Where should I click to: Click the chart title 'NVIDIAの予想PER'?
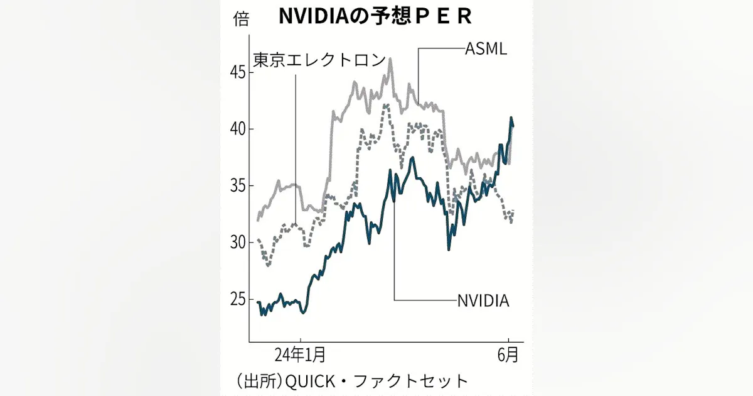point(375,17)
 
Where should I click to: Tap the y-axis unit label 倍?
point(241,19)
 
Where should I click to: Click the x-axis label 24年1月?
point(300,355)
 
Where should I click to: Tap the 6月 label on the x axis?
point(509,355)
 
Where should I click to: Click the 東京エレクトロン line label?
point(319,60)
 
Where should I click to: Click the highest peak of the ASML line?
point(390,59)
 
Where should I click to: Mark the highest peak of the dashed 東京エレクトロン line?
point(386,104)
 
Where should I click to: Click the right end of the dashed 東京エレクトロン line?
point(513,212)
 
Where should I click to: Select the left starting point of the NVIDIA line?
point(258,302)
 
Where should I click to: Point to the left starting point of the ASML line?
point(258,220)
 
